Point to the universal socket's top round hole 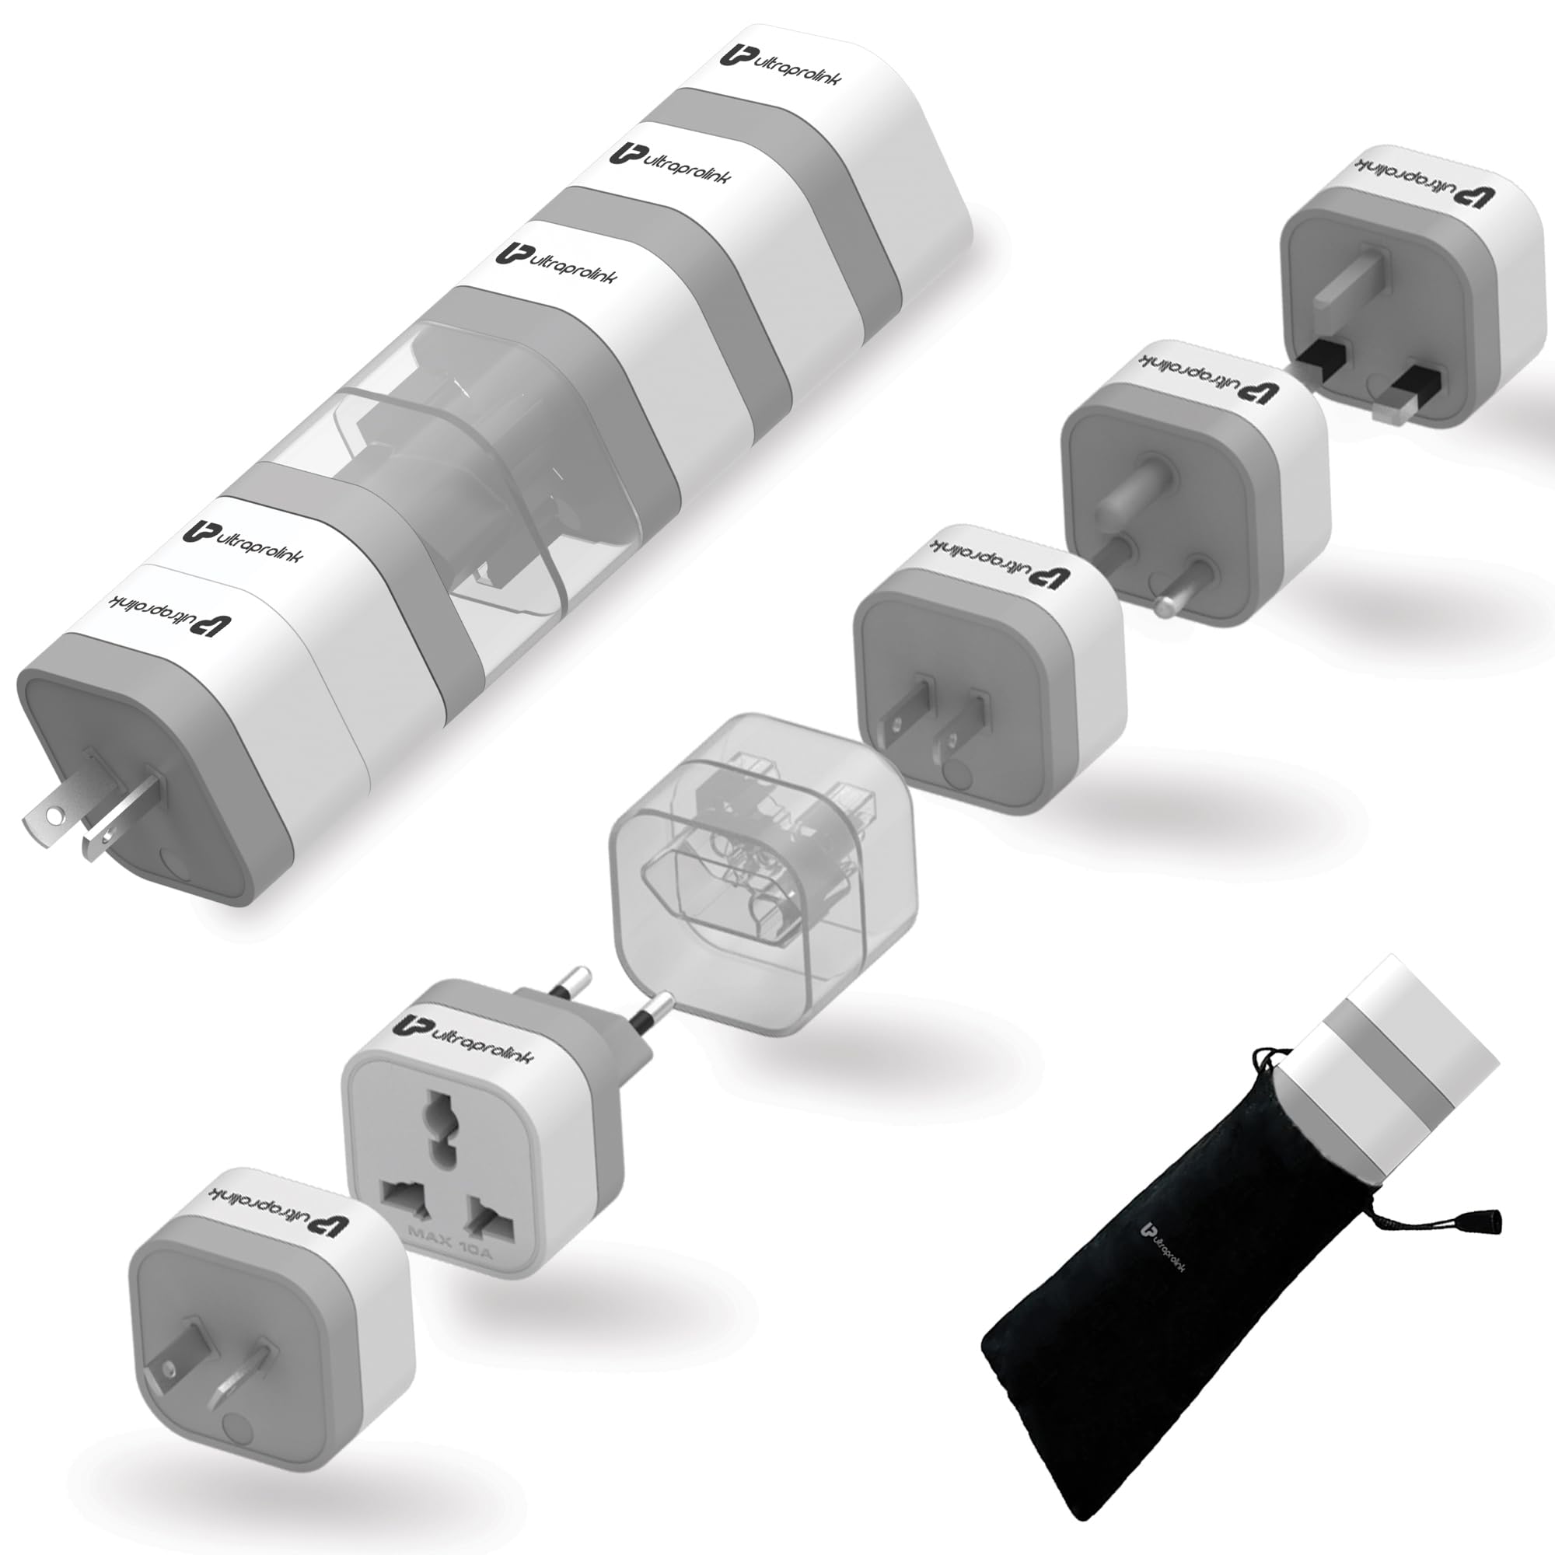pos(439,1122)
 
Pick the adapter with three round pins pos(1191,499)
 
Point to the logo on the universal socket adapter pos(463,1037)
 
